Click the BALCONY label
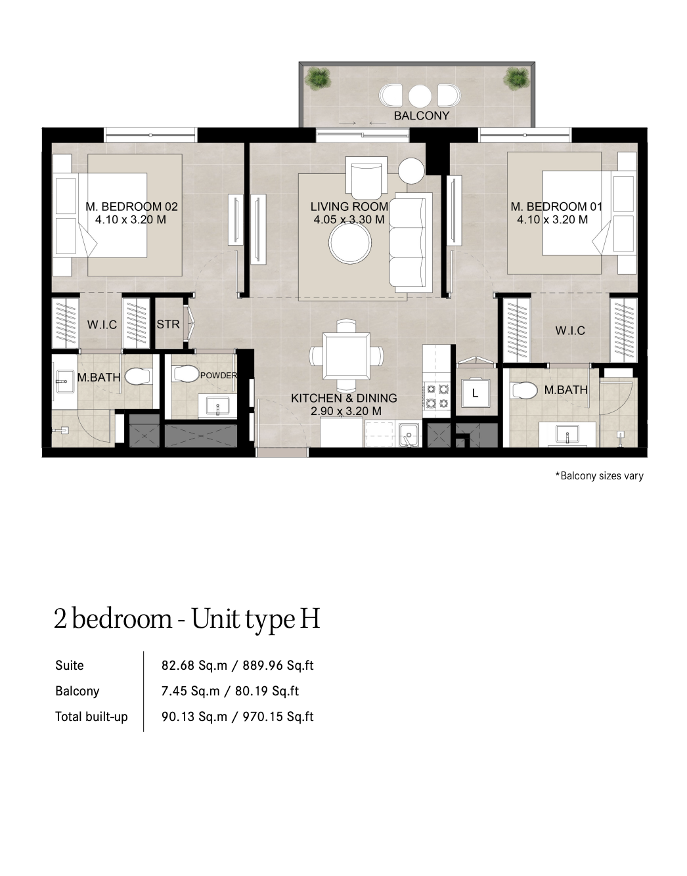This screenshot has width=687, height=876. pyautogui.click(x=421, y=116)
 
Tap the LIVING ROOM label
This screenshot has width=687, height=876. pyautogui.click(x=349, y=207)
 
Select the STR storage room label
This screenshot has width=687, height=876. pyautogui.click(x=168, y=324)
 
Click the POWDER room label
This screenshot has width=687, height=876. pyautogui.click(x=219, y=376)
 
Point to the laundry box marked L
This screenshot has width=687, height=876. pyautogui.click(x=476, y=393)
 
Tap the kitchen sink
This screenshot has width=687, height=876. pyautogui.click(x=409, y=435)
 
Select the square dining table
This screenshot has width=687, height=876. pyautogui.click(x=347, y=356)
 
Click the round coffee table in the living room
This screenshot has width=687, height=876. pyautogui.click(x=350, y=243)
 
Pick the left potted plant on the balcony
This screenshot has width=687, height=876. pyautogui.click(x=318, y=77)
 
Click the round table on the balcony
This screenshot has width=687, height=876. pyautogui.click(x=420, y=96)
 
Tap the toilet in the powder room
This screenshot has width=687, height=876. pyautogui.click(x=185, y=374)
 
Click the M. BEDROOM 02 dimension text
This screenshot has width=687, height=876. pyautogui.click(x=131, y=220)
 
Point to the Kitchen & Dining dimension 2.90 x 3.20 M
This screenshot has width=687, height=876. pyautogui.click(x=346, y=411)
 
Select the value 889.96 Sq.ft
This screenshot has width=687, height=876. pyautogui.click(x=278, y=665)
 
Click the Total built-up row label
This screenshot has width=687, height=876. pyautogui.click(x=91, y=716)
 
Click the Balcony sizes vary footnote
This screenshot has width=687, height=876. pyautogui.click(x=599, y=475)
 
